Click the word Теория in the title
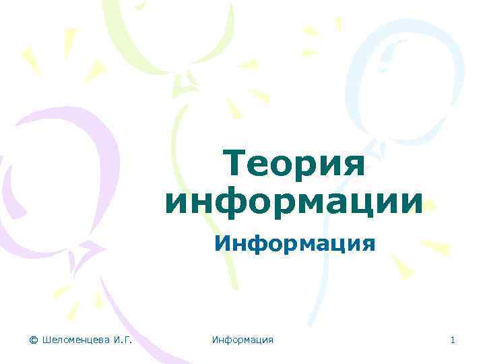(x=294, y=165)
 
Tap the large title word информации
(x=294, y=202)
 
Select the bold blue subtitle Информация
(x=294, y=242)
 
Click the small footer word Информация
(x=243, y=340)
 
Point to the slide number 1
(x=453, y=340)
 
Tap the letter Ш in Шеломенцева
(x=46, y=340)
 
